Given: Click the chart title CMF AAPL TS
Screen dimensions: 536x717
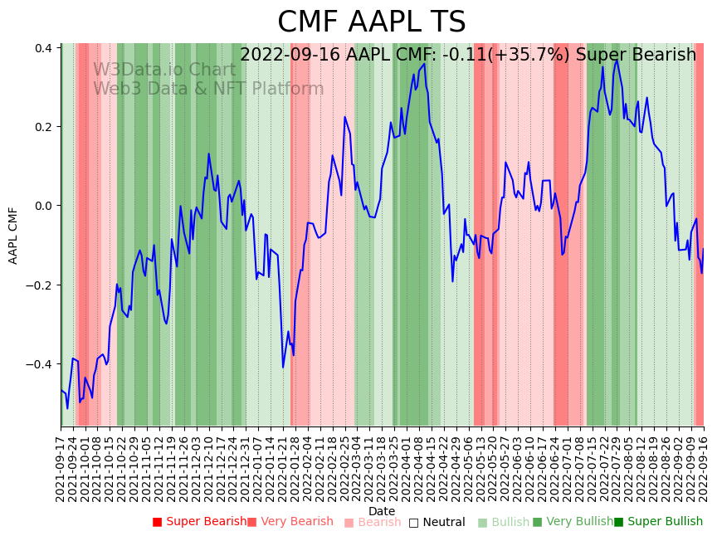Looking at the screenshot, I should [371, 22].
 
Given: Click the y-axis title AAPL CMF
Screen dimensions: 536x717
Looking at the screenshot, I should [13, 236].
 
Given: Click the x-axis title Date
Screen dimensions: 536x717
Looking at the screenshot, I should [382, 511].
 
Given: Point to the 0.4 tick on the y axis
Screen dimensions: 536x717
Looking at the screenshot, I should [44, 48].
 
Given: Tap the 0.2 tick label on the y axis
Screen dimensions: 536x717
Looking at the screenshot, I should [44, 127].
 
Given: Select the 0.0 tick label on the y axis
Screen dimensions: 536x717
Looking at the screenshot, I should [44, 206].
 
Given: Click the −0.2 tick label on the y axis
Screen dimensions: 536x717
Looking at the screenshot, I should [41, 285].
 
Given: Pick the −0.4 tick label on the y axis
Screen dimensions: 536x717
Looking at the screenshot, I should [41, 364].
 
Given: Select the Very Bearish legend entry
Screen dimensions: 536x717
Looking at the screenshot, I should [295, 522].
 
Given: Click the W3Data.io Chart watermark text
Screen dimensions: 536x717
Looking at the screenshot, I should [164, 70].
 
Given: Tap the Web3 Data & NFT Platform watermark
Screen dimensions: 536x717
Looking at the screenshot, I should [208, 89].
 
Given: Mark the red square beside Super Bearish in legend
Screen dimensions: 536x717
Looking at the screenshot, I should [157, 523].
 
